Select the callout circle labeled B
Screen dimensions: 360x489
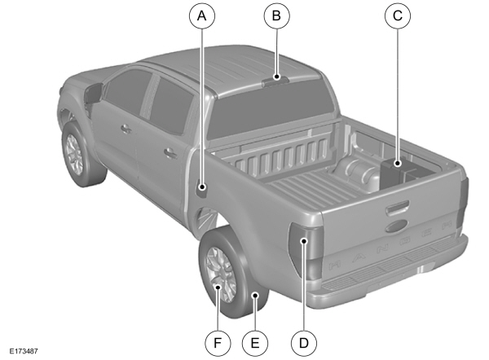[276, 16]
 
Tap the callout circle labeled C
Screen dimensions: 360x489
[397, 16]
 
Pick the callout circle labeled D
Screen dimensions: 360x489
[303, 343]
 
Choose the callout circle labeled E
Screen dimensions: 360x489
[255, 343]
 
